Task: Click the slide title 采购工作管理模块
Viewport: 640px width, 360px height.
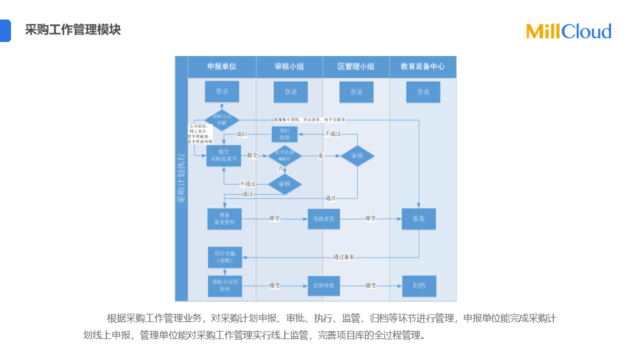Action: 73,30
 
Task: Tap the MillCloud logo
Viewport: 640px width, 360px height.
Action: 568,31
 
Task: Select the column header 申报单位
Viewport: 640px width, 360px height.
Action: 222,66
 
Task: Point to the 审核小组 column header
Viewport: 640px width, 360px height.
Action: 289,66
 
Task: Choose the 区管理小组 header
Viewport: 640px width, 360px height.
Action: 356,66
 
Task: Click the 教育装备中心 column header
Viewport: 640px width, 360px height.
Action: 422,66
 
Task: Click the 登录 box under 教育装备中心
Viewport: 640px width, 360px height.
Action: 423,92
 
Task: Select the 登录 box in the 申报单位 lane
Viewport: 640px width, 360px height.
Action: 222,91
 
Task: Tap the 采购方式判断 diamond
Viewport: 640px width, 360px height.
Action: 221,120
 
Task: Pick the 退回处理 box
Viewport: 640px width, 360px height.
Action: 284,134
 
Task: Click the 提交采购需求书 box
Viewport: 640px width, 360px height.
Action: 223,155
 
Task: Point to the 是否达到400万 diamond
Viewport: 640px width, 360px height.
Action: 284,156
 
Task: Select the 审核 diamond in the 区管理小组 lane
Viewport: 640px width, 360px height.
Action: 357,156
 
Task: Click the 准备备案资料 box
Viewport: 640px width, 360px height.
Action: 224,219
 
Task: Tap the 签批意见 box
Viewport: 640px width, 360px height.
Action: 323,219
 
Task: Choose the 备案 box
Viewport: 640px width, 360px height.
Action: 419,219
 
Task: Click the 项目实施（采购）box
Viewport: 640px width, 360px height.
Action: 224,257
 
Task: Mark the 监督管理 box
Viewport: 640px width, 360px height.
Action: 323,286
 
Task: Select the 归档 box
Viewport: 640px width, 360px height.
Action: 419,286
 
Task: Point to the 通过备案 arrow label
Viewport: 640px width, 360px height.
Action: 344,257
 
